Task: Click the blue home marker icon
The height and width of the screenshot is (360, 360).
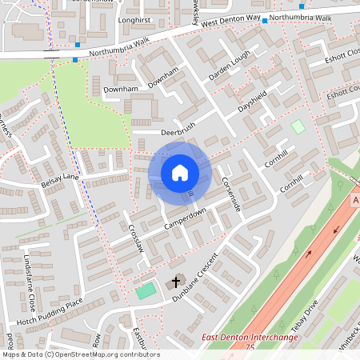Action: pos(180,172)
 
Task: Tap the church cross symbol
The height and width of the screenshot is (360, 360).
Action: pos(176,282)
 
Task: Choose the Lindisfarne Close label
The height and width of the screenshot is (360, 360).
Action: pos(29,284)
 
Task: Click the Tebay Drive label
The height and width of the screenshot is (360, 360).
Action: pos(305,314)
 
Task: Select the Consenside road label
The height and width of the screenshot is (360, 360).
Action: pos(231,194)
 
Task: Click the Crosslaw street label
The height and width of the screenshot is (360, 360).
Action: pos(135,238)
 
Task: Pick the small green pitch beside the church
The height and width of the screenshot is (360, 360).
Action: pos(145,291)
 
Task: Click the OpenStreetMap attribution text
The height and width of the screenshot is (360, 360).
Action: pos(81,354)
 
